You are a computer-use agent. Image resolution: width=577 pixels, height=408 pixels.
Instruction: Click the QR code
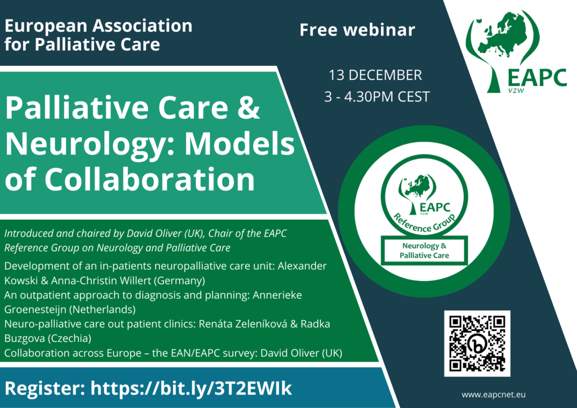(477, 343)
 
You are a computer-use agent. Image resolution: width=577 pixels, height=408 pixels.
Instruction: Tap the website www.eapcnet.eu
(494, 394)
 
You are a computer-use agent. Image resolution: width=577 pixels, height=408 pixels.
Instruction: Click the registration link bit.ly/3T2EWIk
(191, 388)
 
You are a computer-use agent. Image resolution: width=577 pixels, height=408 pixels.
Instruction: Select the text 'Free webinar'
(357, 30)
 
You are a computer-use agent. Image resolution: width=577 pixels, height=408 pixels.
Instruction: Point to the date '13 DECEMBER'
(375, 75)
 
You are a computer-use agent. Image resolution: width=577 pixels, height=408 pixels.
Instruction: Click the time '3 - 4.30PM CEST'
(377, 97)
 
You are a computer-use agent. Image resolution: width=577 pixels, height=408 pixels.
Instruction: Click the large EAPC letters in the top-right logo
(537, 78)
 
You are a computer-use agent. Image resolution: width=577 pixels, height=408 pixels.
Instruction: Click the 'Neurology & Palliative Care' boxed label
(424, 251)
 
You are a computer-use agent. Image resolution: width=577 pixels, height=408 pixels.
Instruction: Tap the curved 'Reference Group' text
(424, 223)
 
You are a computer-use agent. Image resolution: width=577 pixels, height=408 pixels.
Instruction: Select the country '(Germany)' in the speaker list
(179, 281)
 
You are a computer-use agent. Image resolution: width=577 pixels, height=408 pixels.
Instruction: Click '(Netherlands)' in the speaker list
(103, 309)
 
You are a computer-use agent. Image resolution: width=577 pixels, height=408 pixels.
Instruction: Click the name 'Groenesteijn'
(35, 309)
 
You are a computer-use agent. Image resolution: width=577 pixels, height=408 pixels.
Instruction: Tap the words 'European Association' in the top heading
(99, 26)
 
